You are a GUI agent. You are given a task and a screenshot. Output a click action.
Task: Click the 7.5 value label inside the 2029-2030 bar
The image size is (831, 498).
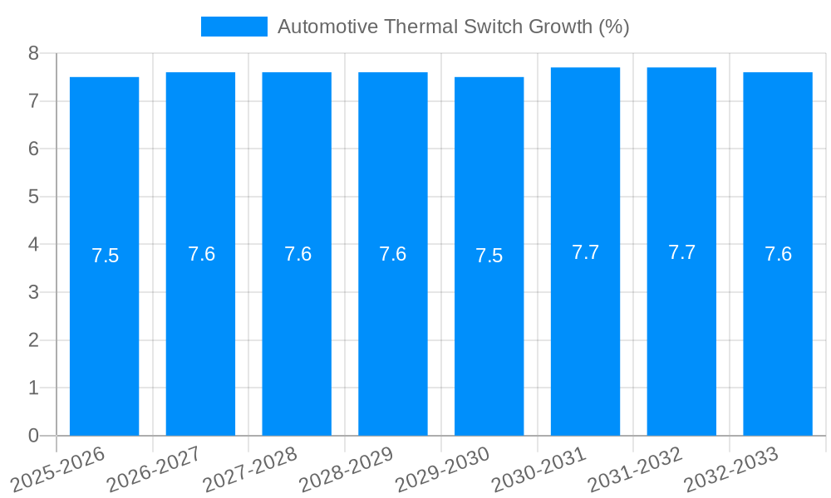pos(489,256)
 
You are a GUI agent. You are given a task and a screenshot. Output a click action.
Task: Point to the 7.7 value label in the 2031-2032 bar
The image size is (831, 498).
pos(681,252)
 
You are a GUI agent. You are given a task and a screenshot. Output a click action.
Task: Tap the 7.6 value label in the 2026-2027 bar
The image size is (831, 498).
pos(201,254)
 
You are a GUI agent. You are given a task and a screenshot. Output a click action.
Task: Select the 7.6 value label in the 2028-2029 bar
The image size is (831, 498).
pos(392,254)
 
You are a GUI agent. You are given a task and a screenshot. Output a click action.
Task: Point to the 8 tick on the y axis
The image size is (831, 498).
pos(33,53)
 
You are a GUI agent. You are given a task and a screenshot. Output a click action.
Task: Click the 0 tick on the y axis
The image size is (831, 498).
pos(33,436)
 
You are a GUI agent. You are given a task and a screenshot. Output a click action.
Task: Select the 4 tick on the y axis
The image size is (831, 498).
pos(33,245)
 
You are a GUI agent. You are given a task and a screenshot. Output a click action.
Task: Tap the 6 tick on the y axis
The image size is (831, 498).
pos(33,149)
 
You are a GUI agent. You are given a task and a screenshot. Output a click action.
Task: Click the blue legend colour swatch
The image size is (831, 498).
pos(234,27)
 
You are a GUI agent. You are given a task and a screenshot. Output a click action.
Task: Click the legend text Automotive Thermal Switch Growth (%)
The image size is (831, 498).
pos(453,27)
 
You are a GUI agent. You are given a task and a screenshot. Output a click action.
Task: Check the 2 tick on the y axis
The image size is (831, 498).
pos(33,340)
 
